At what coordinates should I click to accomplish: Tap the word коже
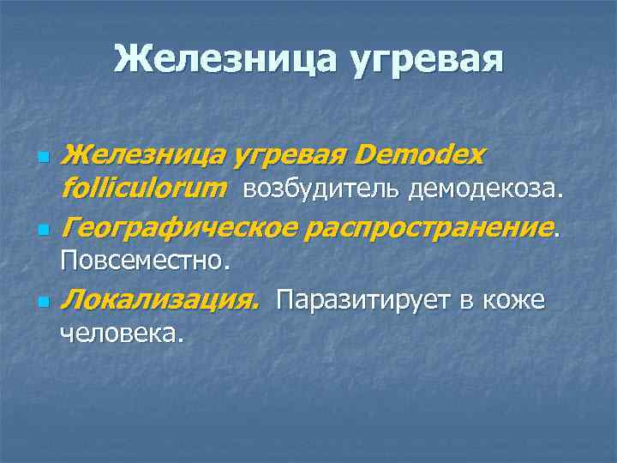coord(514,301)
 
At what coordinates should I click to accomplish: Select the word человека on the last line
coord(118,333)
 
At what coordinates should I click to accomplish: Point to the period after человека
coord(181,339)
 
